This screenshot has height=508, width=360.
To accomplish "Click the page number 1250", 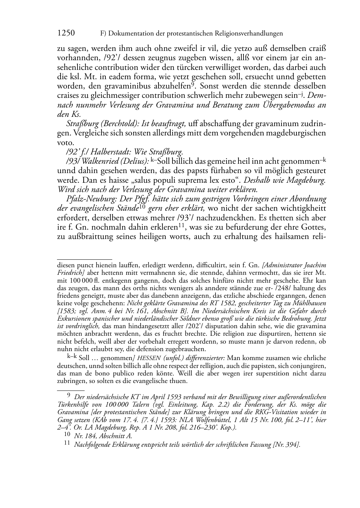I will (66, 33).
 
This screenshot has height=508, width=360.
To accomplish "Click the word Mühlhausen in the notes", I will (309, 303).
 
